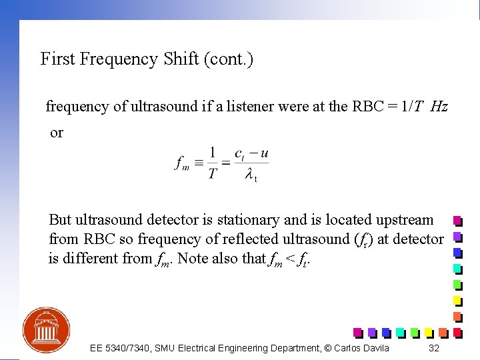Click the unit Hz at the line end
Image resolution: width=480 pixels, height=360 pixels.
click(x=439, y=106)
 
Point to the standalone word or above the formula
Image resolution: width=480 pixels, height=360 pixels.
click(x=57, y=133)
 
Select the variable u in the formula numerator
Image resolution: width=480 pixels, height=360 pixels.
click(x=265, y=153)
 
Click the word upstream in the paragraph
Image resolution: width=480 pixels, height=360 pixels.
click(x=406, y=220)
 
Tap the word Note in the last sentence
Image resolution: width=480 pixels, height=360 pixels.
click(x=213, y=258)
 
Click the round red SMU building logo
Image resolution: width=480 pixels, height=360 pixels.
click(x=47, y=330)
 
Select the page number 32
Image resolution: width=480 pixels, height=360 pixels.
click(x=434, y=348)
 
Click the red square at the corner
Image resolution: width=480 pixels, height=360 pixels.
click(x=457, y=331)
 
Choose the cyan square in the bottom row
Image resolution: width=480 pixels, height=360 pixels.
click(x=400, y=331)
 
